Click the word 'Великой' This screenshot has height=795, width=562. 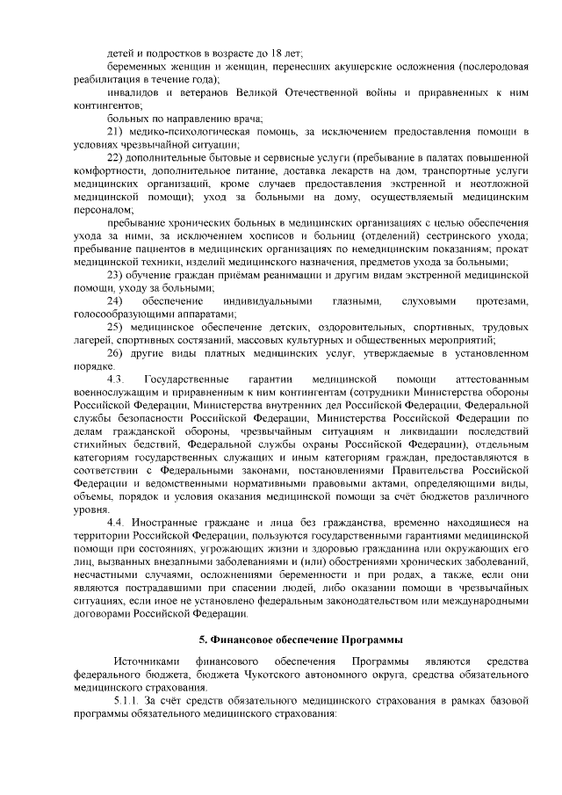pos(257,91)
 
